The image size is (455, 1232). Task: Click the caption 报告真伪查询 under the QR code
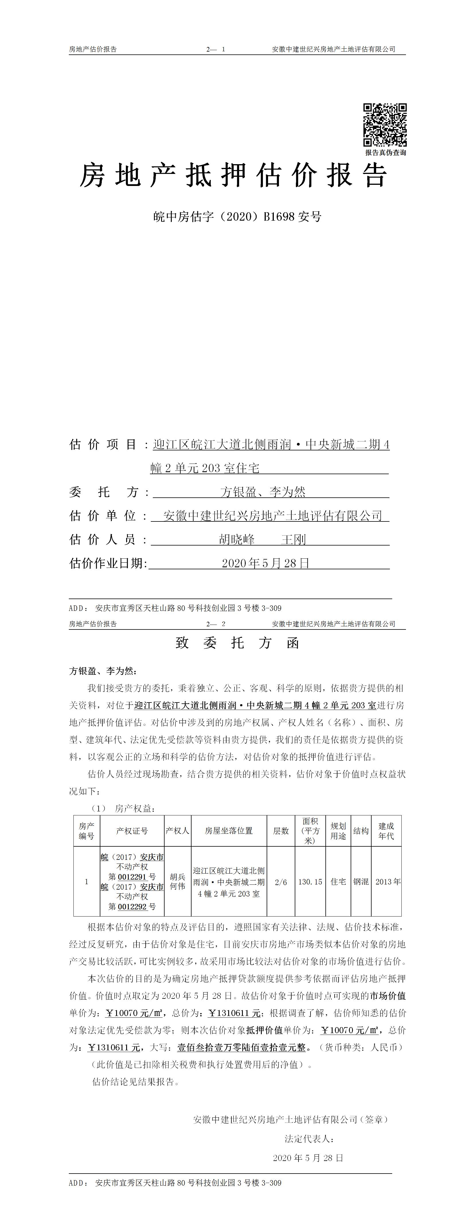[386, 152]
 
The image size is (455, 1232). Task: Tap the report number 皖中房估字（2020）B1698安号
[237, 217]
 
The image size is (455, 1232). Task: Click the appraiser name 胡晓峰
[237, 540]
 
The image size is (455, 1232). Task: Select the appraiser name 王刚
[293, 540]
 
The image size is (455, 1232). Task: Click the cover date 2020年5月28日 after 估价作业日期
[265, 563]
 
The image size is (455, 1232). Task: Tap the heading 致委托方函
[237, 643]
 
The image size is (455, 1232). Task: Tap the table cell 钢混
[361, 881]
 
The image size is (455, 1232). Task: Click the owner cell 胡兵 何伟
[177, 881]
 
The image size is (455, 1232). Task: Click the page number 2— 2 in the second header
[216, 624]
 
